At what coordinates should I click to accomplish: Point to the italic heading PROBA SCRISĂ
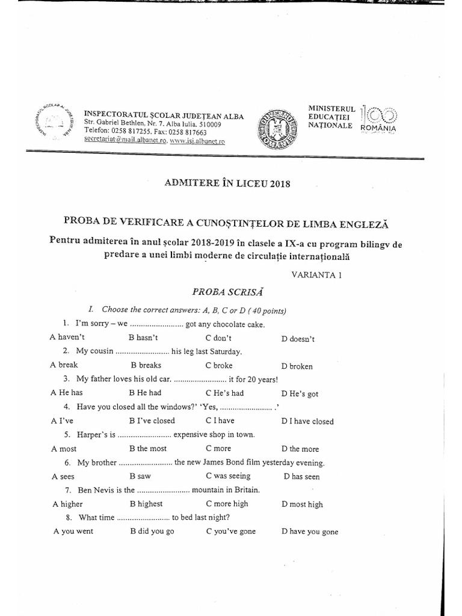[x=227, y=292]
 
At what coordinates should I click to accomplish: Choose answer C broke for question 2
[x=219, y=365]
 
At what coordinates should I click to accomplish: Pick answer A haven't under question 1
[x=67, y=338]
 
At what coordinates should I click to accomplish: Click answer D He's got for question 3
[x=300, y=394]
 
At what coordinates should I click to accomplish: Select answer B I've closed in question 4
[x=152, y=421]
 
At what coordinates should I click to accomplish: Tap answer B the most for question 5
[x=148, y=449]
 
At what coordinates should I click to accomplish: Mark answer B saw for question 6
[x=140, y=476]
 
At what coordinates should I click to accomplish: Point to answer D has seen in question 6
[x=301, y=477]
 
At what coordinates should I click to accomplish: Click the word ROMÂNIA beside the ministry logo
[x=378, y=128]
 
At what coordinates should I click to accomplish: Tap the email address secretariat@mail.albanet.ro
[x=125, y=141]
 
